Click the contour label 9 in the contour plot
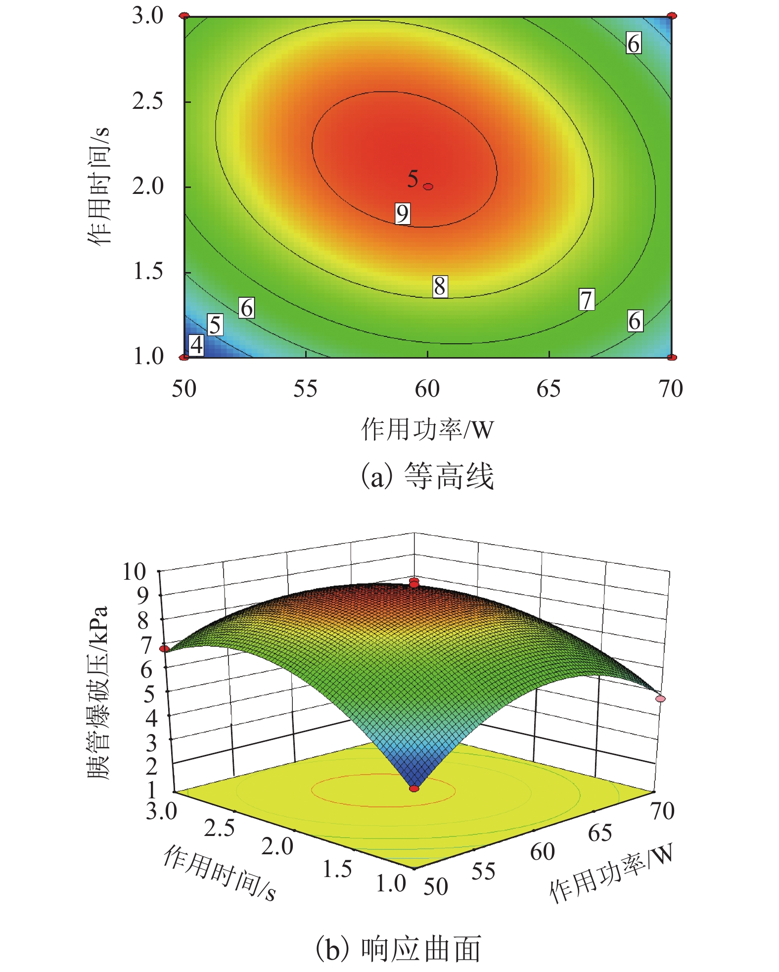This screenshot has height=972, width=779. click(x=403, y=214)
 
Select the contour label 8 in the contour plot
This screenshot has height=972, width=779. click(x=440, y=286)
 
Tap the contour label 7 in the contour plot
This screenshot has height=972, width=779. click(x=587, y=300)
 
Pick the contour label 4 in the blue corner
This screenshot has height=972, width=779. click(x=197, y=345)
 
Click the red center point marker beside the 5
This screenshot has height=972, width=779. click(x=428, y=186)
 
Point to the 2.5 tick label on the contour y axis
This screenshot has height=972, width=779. click(x=147, y=101)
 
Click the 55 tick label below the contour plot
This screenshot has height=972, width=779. click(x=305, y=389)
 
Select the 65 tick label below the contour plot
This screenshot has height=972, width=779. click(x=549, y=389)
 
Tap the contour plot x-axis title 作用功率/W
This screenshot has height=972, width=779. click(x=428, y=429)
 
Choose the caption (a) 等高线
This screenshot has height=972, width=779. click(x=428, y=476)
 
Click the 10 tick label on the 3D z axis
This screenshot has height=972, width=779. click(x=135, y=572)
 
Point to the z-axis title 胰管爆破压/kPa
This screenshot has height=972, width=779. click(x=97, y=693)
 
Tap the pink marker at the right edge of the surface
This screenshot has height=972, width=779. click(x=661, y=698)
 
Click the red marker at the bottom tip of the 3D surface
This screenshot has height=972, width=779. click(x=414, y=788)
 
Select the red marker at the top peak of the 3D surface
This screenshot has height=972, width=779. click(x=414, y=582)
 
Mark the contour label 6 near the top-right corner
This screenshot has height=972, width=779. click(x=634, y=43)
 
